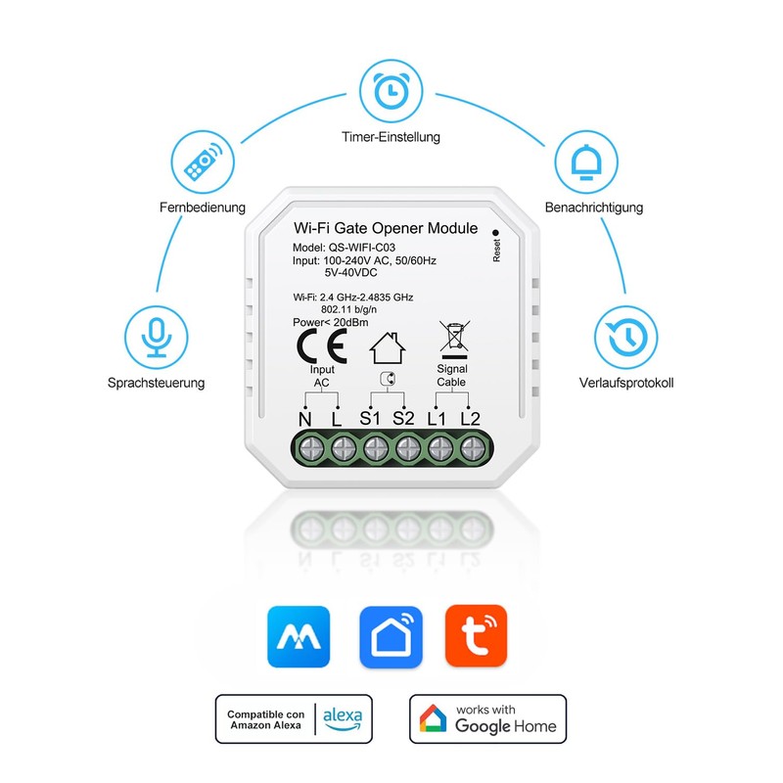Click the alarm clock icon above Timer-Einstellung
click(391, 91)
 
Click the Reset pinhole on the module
click(496, 231)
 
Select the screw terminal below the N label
click(310, 449)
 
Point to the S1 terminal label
click(371, 419)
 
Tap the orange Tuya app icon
click(477, 637)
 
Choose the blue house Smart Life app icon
click(391, 637)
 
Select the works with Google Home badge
click(487, 718)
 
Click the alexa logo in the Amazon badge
click(343, 718)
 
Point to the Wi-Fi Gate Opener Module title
click(386, 228)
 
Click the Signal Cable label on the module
click(451, 375)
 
